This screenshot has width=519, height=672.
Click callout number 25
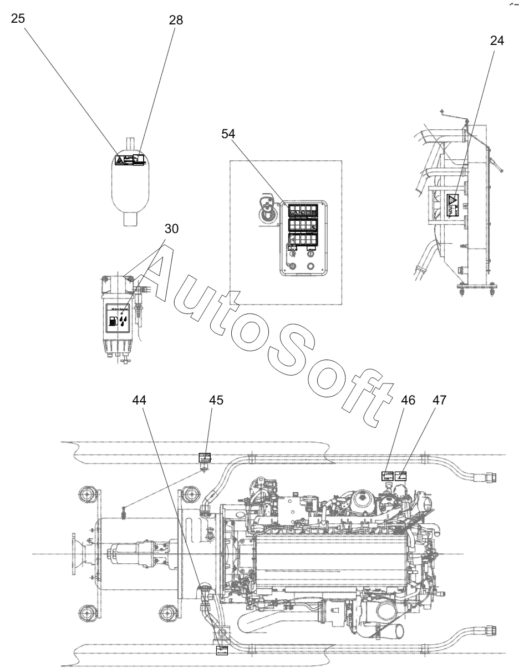(18, 18)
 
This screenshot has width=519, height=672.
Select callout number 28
(176, 20)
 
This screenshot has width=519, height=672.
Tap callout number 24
(497, 41)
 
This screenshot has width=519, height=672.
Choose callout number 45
(216, 401)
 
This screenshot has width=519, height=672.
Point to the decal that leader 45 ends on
(205, 458)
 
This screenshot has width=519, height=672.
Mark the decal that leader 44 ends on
(222, 649)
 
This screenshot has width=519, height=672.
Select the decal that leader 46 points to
(387, 476)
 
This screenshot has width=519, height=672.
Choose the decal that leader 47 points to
(401, 476)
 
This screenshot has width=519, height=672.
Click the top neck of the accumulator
(130, 143)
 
